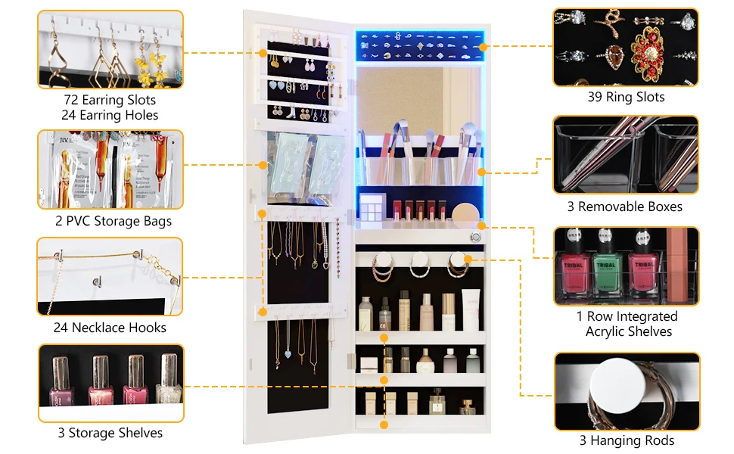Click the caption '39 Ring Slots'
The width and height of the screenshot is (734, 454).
(x=626, y=97)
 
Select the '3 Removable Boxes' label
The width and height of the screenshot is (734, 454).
(x=625, y=207)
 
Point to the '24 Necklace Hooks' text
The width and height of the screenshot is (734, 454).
(x=110, y=328)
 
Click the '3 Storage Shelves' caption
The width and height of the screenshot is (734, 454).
(x=110, y=433)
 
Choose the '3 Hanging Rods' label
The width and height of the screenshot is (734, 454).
(x=627, y=440)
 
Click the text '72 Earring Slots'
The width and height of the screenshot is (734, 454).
(x=110, y=100)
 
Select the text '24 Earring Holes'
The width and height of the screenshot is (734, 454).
(x=110, y=115)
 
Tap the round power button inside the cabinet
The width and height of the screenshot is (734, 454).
(x=475, y=238)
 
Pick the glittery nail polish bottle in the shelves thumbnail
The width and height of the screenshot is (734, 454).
(x=168, y=382)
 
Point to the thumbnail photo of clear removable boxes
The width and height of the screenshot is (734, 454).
(x=626, y=155)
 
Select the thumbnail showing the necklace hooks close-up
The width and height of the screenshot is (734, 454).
(x=110, y=276)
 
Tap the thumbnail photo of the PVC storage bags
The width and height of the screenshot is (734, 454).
(x=110, y=169)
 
